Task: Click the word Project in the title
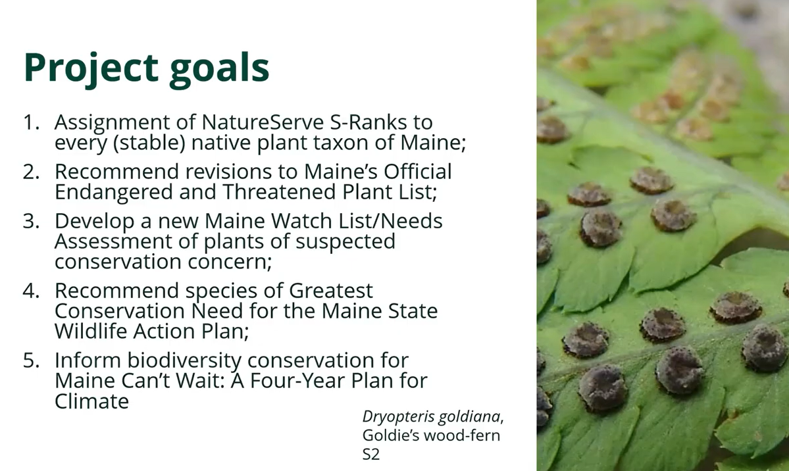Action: (x=91, y=68)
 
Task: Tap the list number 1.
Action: (x=31, y=122)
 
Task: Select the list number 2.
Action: (x=31, y=172)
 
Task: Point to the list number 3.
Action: (x=31, y=222)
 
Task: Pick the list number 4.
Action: (x=31, y=291)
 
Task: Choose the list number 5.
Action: (x=31, y=360)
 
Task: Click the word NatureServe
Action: (x=262, y=122)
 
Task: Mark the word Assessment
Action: (x=113, y=241)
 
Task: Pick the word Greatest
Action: (x=330, y=291)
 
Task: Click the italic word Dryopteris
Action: (x=397, y=417)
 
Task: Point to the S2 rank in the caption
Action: (x=371, y=455)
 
